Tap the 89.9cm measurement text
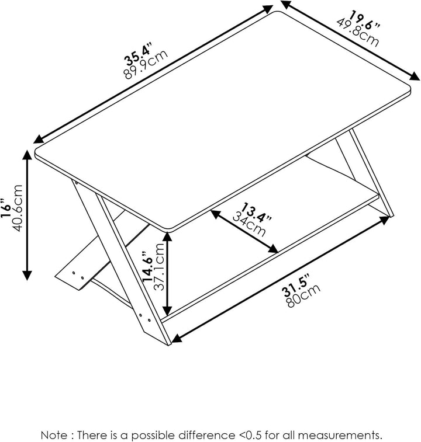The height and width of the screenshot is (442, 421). pyautogui.click(x=146, y=65)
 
